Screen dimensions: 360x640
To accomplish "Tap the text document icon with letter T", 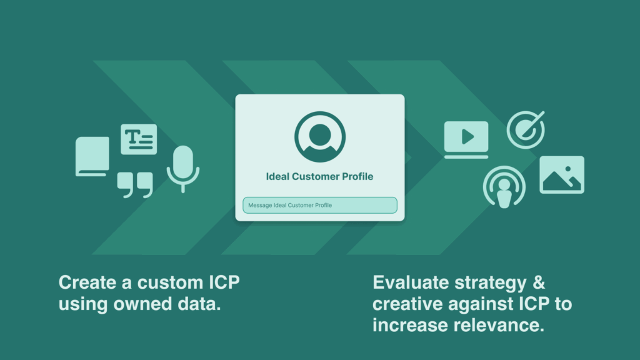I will (139, 139).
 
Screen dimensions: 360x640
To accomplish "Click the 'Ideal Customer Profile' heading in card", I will (319, 177).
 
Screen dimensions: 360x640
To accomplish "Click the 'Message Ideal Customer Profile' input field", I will (319, 205).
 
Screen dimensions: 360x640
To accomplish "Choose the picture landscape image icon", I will (561, 174).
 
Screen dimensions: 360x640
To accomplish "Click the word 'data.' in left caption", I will (203, 305).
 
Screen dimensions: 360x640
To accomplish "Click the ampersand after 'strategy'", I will (538, 282).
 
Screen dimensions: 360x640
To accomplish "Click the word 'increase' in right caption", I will (409, 326).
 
